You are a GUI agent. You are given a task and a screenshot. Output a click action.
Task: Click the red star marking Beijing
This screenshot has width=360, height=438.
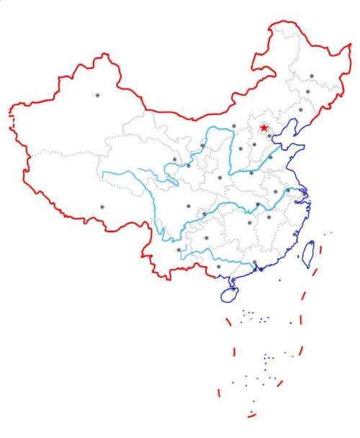[x=264, y=128]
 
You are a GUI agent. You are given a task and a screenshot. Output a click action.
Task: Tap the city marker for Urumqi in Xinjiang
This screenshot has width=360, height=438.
[x=98, y=95]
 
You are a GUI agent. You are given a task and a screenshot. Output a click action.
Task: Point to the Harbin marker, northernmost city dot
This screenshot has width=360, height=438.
[x=312, y=76]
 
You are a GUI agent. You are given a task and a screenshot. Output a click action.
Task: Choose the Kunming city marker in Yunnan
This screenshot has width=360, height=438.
[x=179, y=250]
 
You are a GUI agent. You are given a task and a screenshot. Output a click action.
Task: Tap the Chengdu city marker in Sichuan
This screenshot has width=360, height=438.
[x=189, y=206]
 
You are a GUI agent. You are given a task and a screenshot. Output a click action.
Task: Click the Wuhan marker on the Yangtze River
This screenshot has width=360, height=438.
[x=257, y=205]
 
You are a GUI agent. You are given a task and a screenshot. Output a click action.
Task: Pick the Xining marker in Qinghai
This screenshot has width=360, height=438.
[x=174, y=160]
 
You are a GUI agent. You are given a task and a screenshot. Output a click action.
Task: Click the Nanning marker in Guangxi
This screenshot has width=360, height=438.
[x=218, y=266]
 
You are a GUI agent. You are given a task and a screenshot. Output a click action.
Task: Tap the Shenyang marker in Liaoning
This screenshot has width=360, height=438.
[x=300, y=109]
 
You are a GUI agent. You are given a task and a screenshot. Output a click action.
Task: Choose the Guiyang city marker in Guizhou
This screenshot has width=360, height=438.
[x=206, y=238]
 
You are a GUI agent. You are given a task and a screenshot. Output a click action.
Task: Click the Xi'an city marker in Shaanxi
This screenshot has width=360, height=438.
[x=220, y=177]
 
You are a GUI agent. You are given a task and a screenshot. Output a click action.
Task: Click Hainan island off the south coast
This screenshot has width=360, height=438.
[x=228, y=293]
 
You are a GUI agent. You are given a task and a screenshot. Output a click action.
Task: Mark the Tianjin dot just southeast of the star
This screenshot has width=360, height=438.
[x=269, y=135]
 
